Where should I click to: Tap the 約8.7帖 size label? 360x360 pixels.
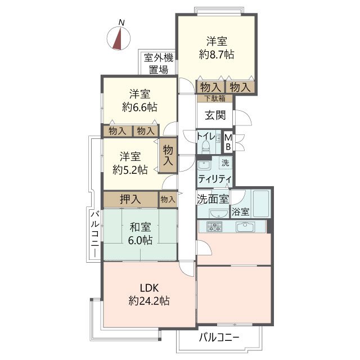[217, 55]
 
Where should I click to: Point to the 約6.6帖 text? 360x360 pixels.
[139, 107]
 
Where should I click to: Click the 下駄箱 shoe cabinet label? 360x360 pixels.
[214, 98]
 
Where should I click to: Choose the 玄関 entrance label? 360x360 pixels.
[214, 116]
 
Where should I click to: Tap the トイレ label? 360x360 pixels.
[205, 136]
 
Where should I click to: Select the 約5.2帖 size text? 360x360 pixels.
[130, 169]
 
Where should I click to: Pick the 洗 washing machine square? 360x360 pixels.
[225, 164]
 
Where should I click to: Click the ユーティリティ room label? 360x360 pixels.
[214, 178]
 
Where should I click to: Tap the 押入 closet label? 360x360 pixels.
[130, 199]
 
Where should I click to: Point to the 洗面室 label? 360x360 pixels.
[213, 199]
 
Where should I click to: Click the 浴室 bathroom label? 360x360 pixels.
[241, 212]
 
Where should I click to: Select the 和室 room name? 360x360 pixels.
[140, 228]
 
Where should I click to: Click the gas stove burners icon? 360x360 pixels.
[214, 227]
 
